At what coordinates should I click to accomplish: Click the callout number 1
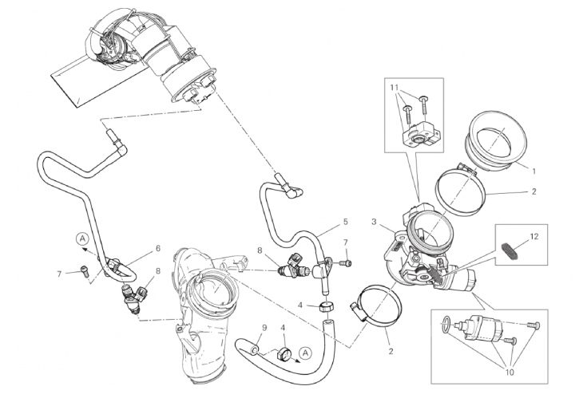click(534, 171)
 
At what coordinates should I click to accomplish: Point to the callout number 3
click(374, 222)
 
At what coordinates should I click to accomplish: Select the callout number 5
click(346, 222)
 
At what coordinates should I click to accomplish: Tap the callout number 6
click(157, 248)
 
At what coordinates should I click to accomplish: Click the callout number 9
click(264, 328)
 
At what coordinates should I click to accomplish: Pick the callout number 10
click(510, 372)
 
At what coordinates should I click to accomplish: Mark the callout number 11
click(395, 88)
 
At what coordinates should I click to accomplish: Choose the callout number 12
click(534, 236)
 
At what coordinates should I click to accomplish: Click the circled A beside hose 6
click(82, 238)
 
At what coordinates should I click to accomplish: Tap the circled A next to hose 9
click(306, 353)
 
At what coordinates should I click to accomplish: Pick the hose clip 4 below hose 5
click(326, 308)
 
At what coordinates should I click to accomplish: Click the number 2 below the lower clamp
click(391, 352)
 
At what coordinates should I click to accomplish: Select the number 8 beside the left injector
click(157, 271)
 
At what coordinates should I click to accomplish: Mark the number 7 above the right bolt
click(346, 242)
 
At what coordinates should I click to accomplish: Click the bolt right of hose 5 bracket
click(346, 263)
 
